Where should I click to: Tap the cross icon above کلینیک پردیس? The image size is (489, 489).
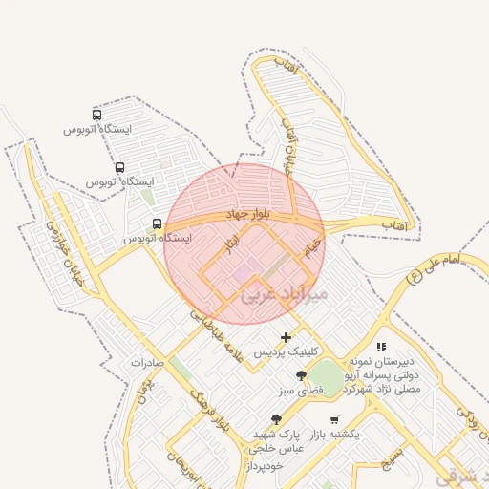(287, 337)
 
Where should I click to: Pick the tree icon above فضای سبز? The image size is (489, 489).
(302, 375)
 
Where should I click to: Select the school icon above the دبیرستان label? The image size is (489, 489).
(382, 348)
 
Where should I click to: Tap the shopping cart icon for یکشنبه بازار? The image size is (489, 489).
(333, 419)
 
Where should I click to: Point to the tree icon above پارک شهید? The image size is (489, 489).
(277, 419)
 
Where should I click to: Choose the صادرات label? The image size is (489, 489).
(148, 363)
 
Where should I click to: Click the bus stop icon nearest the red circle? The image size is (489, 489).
(157, 224)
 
